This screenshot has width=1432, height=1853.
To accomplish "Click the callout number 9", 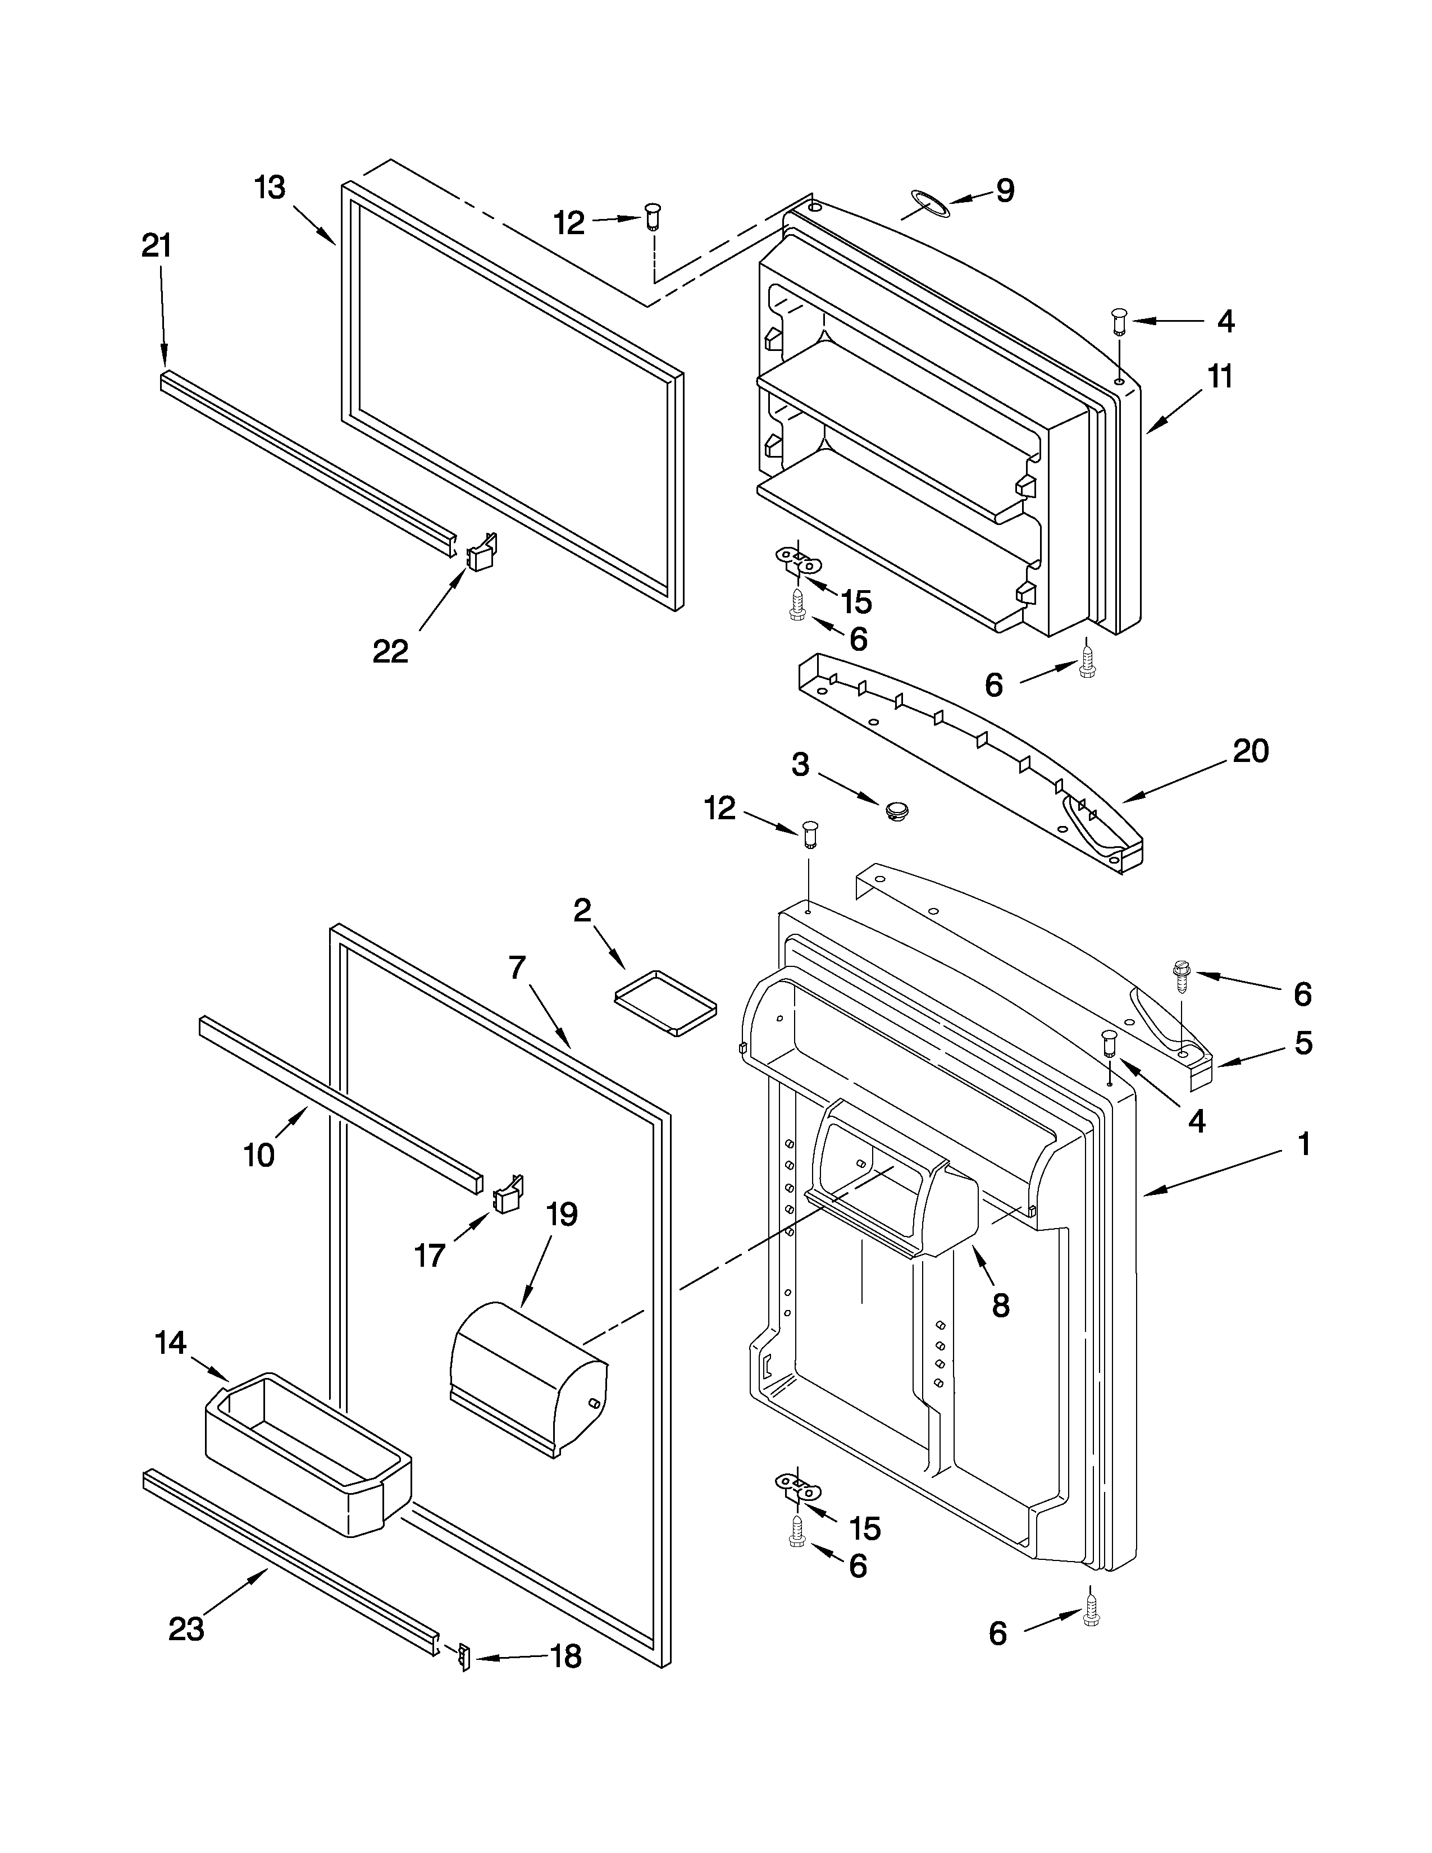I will [x=1005, y=191].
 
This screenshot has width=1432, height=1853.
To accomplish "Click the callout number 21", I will [x=156, y=246].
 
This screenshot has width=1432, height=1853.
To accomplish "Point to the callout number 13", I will [x=270, y=188].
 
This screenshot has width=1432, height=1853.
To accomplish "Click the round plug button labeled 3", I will [x=896, y=810].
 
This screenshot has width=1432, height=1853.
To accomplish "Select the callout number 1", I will [x=1304, y=1144].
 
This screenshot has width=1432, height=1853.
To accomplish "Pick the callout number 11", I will [x=1220, y=376].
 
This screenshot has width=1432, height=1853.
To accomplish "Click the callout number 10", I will [x=259, y=1154].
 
